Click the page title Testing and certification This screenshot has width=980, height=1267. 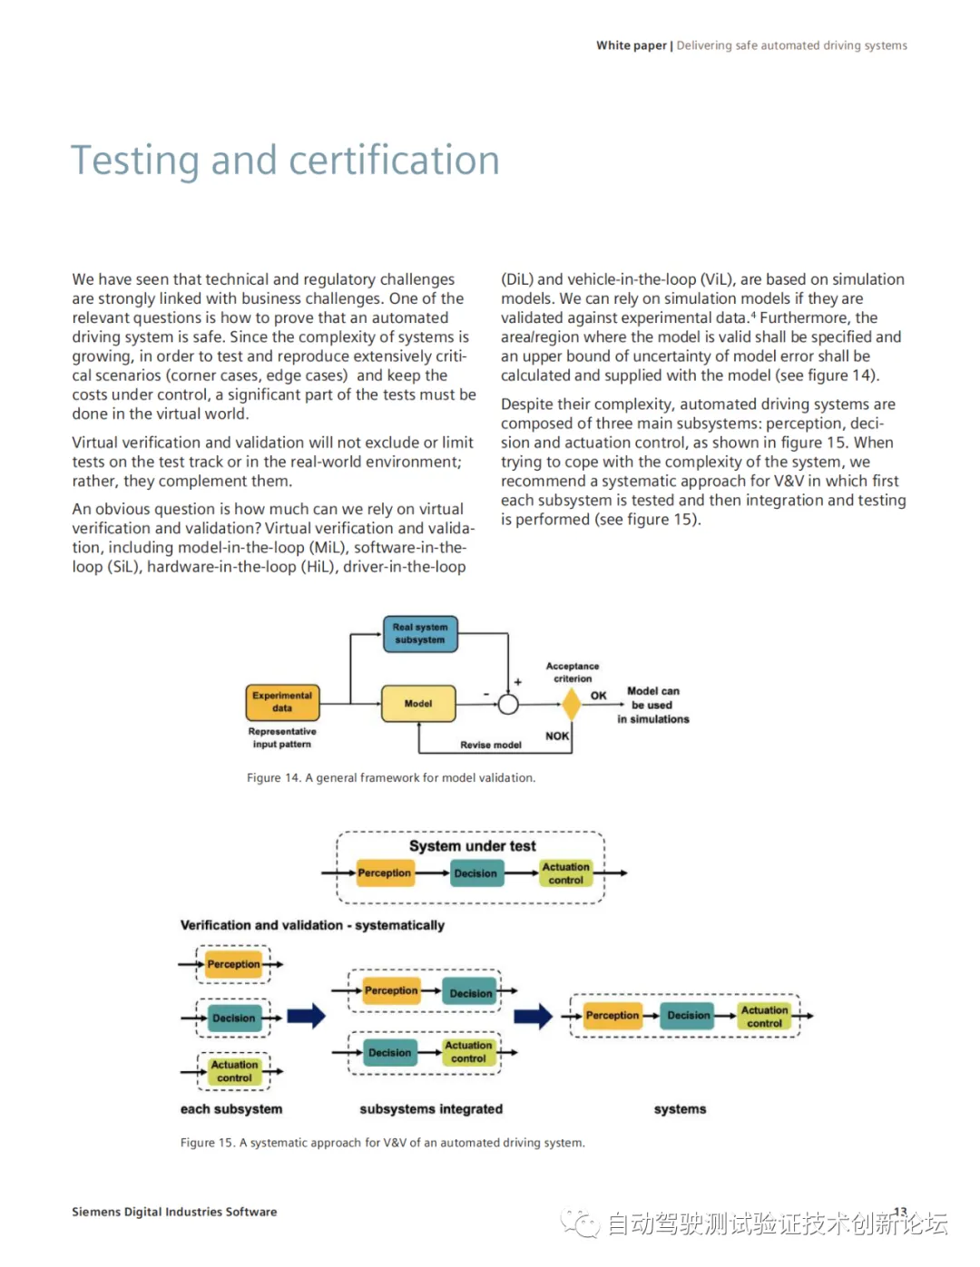(x=285, y=161)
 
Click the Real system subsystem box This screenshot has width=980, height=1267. (x=420, y=634)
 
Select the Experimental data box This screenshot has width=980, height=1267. (x=282, y=702)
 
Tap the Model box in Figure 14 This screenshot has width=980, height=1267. (x=418, y=704)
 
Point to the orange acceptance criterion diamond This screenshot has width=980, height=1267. (x=572, y=704)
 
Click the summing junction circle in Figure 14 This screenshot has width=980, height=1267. (x=508, y=705)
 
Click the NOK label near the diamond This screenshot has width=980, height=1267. (x=557, y=736)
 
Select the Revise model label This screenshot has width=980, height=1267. (x=490, y=745)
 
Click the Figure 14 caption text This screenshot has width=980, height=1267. (x=391, y=778)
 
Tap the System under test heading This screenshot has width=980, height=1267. (x=472, y=846)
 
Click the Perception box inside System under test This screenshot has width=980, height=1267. (x=385, y=873)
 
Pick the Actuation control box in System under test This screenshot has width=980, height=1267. (x=565, y=873)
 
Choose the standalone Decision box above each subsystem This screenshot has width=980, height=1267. (x=234, y=1018)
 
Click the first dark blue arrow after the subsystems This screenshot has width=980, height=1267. (x=306, y=1016)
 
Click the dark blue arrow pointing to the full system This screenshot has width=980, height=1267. (x=533, y=1016)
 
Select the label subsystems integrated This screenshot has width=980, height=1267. (x=431, y=1109)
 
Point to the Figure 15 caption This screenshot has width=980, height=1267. (x=382, y=1143)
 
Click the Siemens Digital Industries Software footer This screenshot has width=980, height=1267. (x=174, y=1212)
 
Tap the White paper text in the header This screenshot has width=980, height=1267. (x=632, y=45)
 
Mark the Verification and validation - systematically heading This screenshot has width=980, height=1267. (x=312, y=925)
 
